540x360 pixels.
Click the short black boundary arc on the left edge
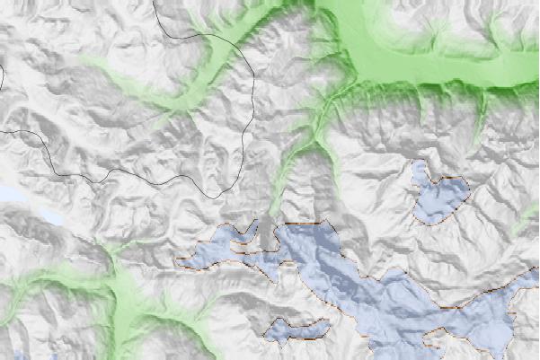2,79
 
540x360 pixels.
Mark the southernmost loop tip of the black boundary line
216,194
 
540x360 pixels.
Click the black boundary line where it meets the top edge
155,2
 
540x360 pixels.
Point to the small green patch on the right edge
530,220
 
